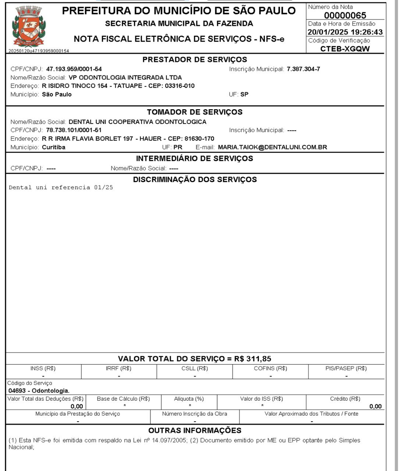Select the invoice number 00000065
(x=345, y=15)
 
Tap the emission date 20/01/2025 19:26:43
(x=345, y=32)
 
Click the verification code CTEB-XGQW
(x=345, y=49)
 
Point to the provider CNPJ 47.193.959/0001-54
(x=74, y=69)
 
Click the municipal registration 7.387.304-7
(x=303, y=69)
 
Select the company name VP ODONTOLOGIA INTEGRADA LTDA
(x=125, y=78)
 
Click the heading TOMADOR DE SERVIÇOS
(x=195, y=112)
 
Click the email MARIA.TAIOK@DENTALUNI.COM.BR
(x=272, y=147)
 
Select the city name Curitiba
(x=54, y=147)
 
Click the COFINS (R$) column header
(x=270, y=368)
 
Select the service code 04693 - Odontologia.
(x=39, y=390)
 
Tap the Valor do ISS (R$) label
(x=262, y=399)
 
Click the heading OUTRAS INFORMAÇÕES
(x=195, y=431)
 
